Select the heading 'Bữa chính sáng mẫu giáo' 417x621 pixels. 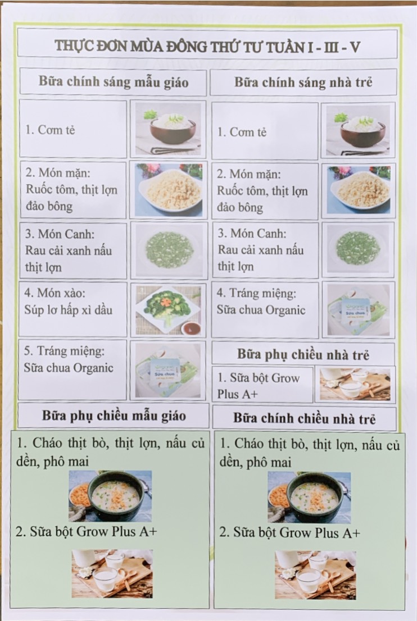point(114,81)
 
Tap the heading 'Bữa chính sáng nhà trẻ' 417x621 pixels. point(303,82)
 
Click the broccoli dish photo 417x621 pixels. point(169,310)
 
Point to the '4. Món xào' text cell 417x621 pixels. point(72,309)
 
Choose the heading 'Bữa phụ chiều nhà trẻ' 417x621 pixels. point(303,354)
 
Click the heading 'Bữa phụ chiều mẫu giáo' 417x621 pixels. point(114,416)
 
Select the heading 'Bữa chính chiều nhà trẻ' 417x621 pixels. point(304,418)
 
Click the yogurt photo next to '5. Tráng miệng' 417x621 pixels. point(168,371)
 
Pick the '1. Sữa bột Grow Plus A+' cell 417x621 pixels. point(262,385)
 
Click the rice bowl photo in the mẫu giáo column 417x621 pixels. point(168,129)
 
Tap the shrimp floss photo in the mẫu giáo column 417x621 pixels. point(169,190)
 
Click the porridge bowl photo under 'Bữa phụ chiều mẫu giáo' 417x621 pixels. point(110,496)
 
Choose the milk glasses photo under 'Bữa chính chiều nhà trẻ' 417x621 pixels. point(315,575)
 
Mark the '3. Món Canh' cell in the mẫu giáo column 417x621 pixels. point(72,250)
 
